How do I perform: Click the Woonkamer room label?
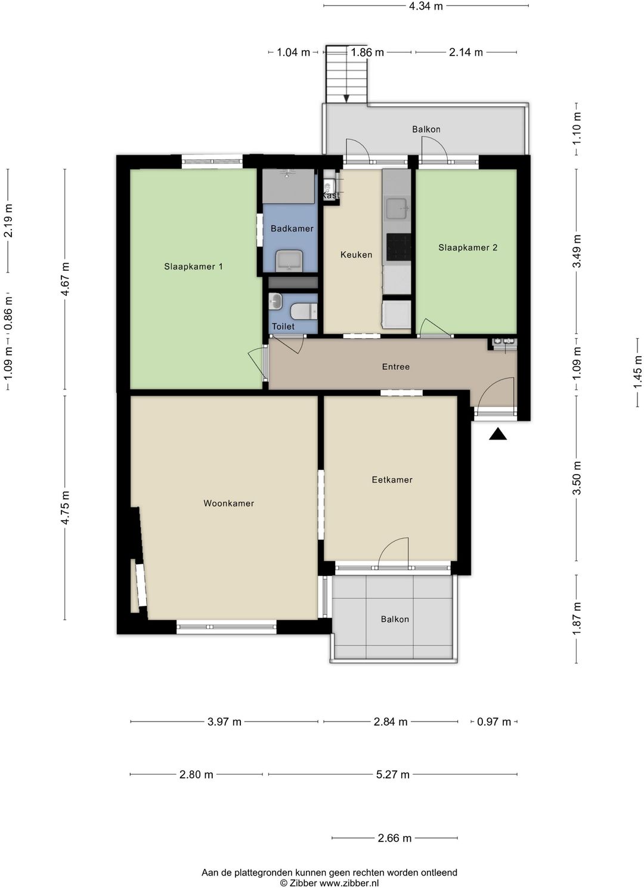[x=228, y=503]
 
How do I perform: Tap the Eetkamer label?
[x=392, y=479]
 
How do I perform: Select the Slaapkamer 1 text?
[x=193, y=267]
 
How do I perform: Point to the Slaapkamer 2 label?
[x=467, y=247]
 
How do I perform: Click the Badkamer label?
[x=292, y=228]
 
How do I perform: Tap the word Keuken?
[x=356, y=255]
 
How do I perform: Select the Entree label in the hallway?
[x=395, y=367]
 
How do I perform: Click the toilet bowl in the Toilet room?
[x=304, y=311]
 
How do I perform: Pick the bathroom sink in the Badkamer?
[x=289, y=261]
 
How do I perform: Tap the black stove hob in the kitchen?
[x=399, y=246]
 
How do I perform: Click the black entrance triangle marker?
[x=498, y=434]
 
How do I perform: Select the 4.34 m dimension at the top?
[x=426, y=6]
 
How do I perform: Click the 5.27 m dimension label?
[x=392, y=774]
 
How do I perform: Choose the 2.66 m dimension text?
[x=394, y=838]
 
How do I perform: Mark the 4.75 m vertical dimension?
[x=65, y=508]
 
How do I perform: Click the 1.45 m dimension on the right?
[x=637, y=372]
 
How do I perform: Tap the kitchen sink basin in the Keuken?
[x=397, y=209]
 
